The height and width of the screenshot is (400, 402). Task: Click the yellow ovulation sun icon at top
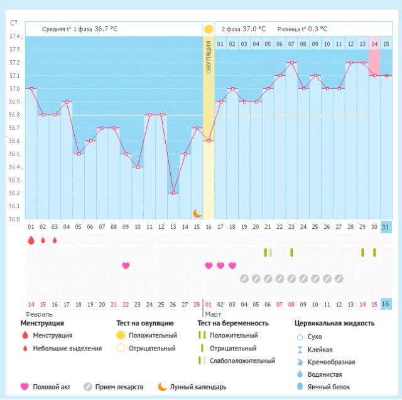209,29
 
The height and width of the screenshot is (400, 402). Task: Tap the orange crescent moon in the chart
197,213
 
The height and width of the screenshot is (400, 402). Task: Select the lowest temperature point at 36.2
173,193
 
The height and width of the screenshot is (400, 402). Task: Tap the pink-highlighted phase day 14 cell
374,44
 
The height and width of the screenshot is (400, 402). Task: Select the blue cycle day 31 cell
386,226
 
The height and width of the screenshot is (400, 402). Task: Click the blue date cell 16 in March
386,304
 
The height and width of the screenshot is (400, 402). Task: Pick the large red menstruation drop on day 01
31,240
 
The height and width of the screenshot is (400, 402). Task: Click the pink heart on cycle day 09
126,265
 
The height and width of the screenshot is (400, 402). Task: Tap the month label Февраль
39,313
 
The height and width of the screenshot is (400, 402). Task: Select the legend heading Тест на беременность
233,324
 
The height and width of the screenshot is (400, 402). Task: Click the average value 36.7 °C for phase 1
106,29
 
